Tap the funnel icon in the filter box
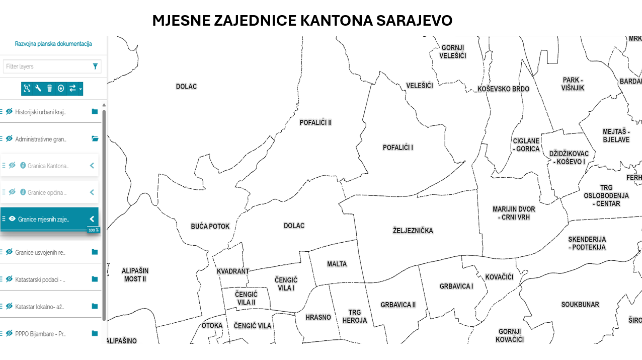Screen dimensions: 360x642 (95, 66)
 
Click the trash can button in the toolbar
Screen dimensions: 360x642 (49, 89)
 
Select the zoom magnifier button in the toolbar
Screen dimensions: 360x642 (27, 89)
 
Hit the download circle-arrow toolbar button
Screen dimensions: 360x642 (61, 89)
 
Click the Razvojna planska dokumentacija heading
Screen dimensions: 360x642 (53, 44)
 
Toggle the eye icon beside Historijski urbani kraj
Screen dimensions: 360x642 (9, 112)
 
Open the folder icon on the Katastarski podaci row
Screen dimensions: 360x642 (95, 279)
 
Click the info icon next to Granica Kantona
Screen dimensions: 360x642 (23, 165)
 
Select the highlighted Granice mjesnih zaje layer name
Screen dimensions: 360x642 (43, 219)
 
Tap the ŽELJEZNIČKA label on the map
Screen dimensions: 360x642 (413, 231)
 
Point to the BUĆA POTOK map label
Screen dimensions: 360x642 (210, 227)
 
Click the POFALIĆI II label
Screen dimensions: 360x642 (315, 122)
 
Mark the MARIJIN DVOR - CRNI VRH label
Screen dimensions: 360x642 (514, 213)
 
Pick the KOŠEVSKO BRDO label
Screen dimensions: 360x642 (503, 89)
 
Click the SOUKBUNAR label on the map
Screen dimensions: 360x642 (580, 305)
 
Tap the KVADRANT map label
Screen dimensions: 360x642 (233, 271)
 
